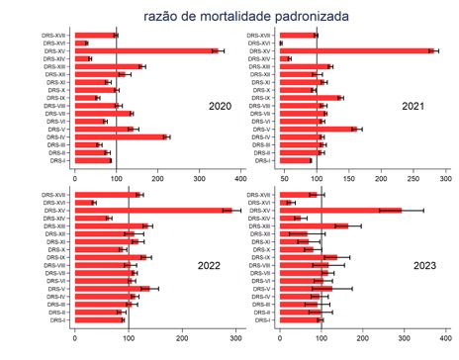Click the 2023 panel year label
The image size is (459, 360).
419,263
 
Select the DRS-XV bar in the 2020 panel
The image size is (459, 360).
145,50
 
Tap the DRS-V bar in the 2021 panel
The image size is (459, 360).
318,130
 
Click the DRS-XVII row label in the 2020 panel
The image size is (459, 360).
52,35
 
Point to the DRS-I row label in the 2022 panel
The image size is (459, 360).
56,320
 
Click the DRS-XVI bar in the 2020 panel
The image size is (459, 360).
80,43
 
